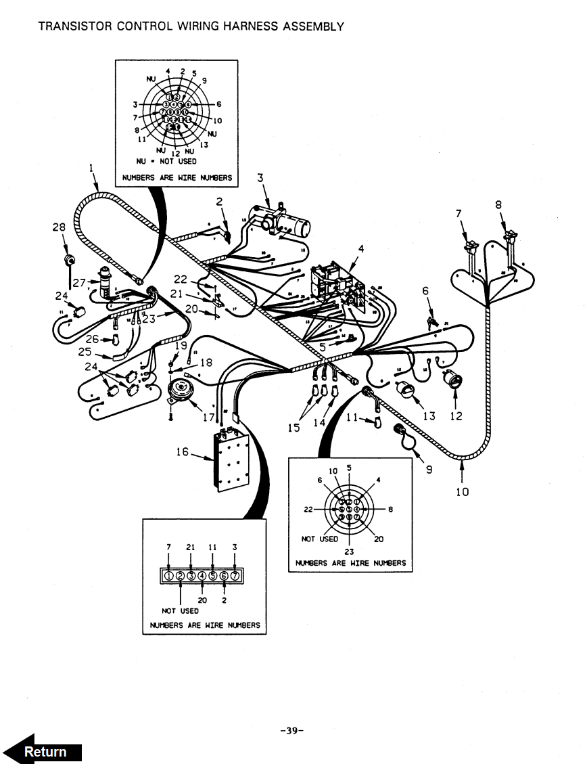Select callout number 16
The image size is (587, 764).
tap(182, 451)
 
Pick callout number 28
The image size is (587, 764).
tap(58, 228)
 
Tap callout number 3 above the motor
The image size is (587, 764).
tap(260, 178)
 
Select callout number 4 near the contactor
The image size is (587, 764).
tap(360, 249)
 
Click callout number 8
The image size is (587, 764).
tap(498, 204)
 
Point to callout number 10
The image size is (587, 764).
tap(462, 491)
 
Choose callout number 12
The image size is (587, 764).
tap(456, 416)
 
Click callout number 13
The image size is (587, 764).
tap(429, 416)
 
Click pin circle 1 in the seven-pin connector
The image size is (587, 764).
tap(169, 575)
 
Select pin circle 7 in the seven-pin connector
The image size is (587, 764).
tap(235, 575)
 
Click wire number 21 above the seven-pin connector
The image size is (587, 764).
tap(191, 547)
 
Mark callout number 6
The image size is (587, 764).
tap(425, 292)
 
